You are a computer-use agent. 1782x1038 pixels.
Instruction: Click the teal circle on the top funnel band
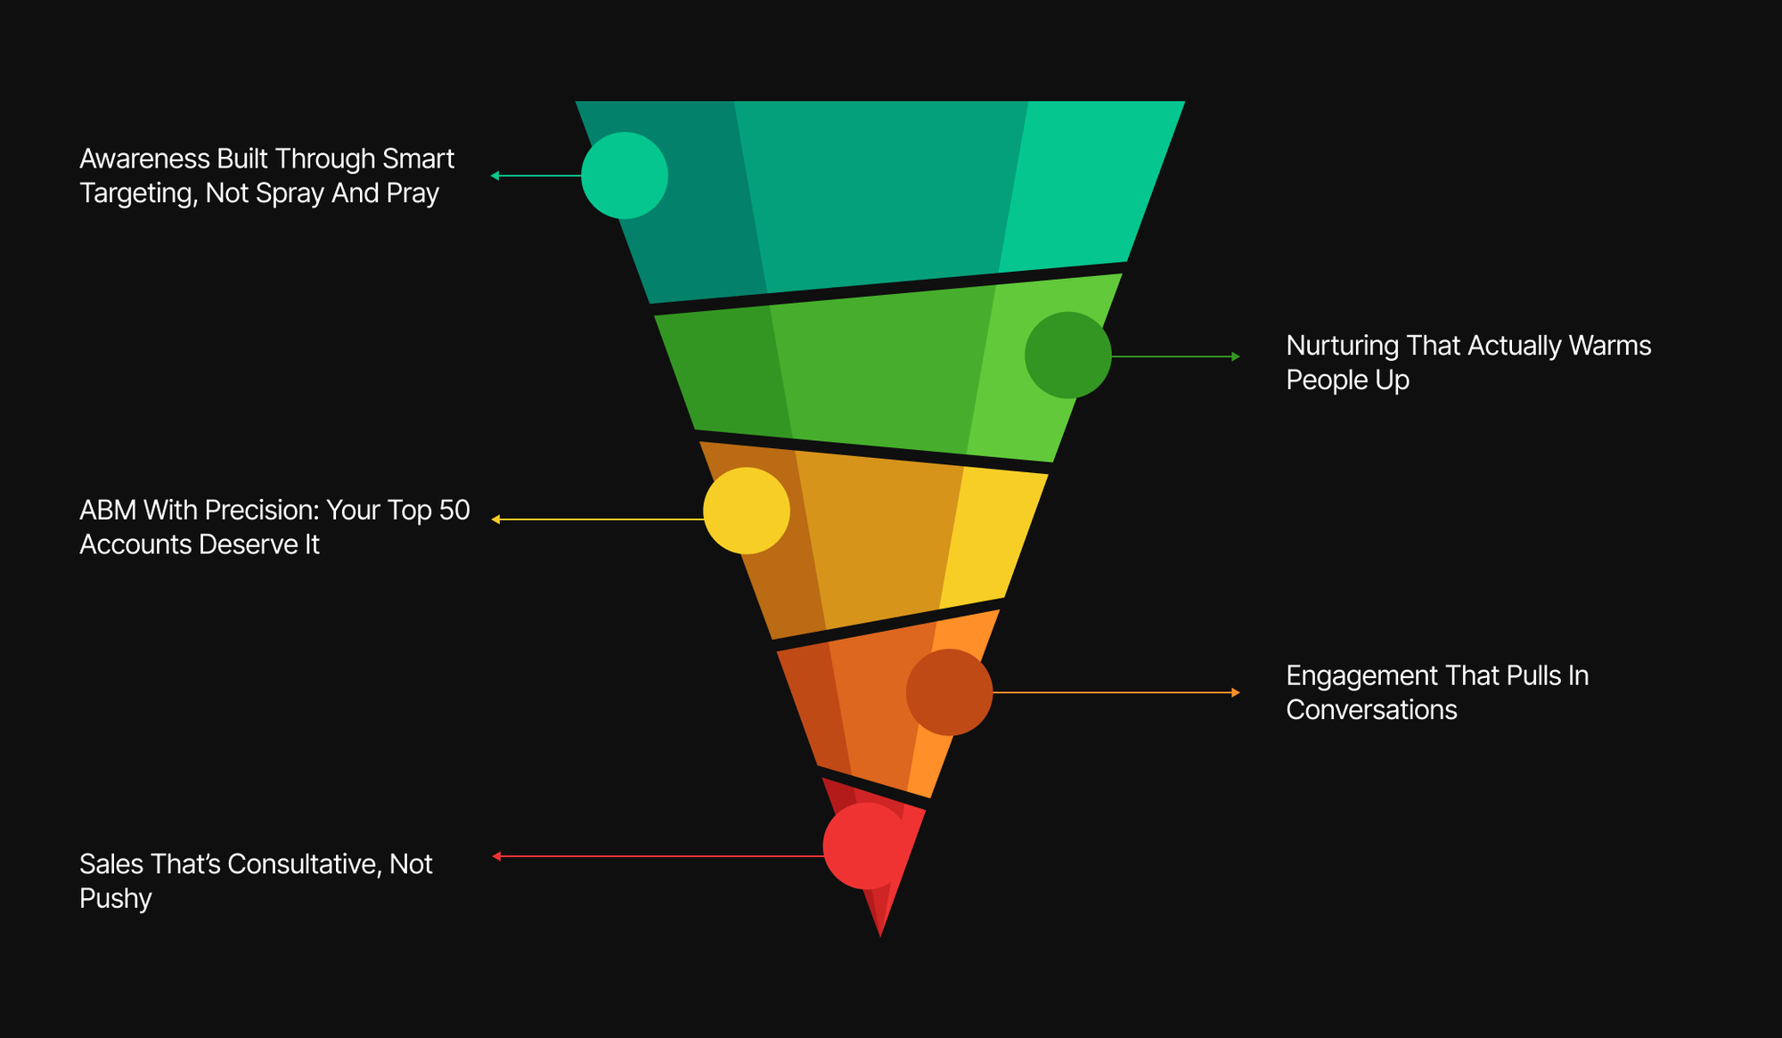coord(625,176)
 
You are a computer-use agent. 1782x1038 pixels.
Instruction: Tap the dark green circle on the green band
coord(1068,356)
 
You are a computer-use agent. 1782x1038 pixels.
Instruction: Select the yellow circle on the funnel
coord(747,511)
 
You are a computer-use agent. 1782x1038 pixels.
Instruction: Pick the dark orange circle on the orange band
coord(950,692)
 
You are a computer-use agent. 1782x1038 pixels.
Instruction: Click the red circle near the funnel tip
coord(866,846)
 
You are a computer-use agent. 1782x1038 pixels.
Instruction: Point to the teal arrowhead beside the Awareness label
coord(495,176)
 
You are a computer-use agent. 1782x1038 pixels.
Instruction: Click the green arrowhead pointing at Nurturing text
coord(1236,356)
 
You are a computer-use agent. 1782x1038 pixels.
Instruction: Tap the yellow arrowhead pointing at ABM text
coord(495,519)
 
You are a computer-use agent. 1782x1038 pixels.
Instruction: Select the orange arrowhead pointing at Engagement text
coord(1236,692)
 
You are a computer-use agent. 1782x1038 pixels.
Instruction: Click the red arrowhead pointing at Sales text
coord(496,856)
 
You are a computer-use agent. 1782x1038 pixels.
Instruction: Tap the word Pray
coord(413,193)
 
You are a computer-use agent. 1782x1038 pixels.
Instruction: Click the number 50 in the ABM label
coord(454,511)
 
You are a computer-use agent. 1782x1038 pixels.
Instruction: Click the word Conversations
coord(1372,710)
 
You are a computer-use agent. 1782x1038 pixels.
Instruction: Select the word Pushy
coord(116,899)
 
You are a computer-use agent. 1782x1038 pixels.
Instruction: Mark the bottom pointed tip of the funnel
coord(880,936)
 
